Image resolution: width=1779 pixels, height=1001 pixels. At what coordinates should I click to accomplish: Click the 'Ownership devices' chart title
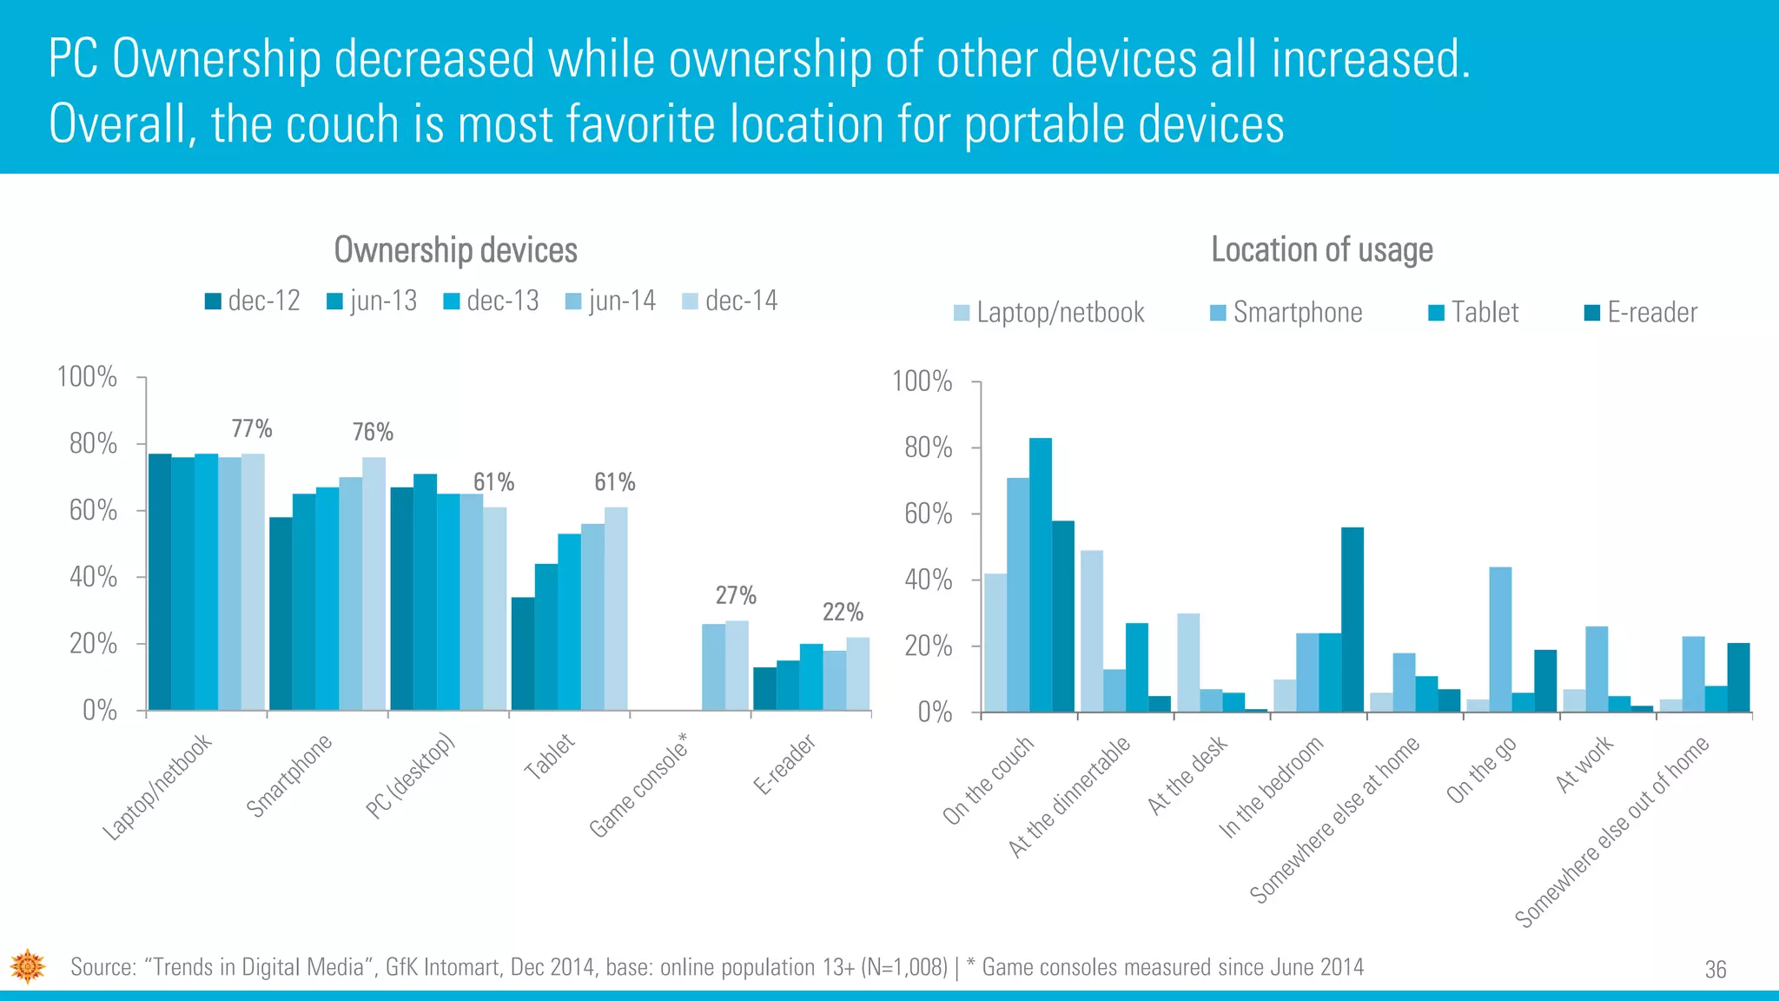pos(455,250)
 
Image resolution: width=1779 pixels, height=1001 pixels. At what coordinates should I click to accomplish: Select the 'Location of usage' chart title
pos(1321,250)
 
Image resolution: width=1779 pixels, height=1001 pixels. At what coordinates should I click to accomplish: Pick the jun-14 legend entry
pos(611,301)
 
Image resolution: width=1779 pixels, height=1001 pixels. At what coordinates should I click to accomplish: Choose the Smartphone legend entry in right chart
pos(1286,312)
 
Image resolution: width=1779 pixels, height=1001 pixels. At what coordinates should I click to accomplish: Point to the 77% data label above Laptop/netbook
pos(252,428)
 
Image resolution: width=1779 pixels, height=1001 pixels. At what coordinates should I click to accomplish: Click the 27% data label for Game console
pos(736,595)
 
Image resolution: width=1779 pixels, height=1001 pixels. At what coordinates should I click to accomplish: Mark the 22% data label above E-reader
pos(843,612)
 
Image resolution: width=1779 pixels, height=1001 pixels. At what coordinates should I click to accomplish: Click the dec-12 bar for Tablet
pos(522,653)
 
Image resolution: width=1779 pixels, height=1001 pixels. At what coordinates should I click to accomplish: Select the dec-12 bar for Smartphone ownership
pos(281,613)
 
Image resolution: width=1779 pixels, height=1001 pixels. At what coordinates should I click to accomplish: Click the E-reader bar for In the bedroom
pos(1352,620)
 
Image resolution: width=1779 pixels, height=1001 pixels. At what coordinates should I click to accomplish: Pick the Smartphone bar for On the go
pos(1500,640)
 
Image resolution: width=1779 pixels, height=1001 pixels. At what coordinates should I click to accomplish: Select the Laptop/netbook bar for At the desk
pos(1188,662)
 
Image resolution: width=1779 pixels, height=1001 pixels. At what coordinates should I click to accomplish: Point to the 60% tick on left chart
pos(93,510)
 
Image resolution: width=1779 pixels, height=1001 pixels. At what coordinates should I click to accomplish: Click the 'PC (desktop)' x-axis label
pos(409,776)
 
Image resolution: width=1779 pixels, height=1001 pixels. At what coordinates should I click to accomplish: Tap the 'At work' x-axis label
pos(1584,764)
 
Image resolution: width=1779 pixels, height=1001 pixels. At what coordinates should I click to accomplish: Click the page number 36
pos(1715,970)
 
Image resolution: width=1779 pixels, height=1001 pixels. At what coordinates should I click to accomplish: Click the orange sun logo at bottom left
pos(28,965)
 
